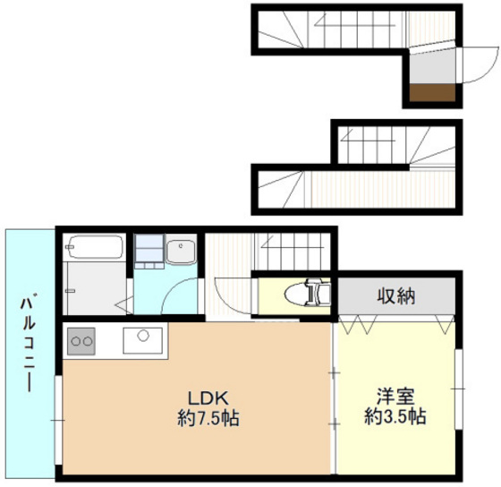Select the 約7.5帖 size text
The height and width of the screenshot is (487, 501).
208,417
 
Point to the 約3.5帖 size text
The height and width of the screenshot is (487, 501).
394,416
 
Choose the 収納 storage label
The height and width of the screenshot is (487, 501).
395,296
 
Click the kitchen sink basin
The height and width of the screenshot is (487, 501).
142,340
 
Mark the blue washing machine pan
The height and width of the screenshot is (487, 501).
149,250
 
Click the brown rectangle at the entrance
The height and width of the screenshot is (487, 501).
432,92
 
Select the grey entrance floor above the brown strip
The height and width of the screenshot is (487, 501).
432,67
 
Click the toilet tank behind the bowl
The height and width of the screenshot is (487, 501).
323,292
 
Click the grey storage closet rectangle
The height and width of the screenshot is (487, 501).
394,295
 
